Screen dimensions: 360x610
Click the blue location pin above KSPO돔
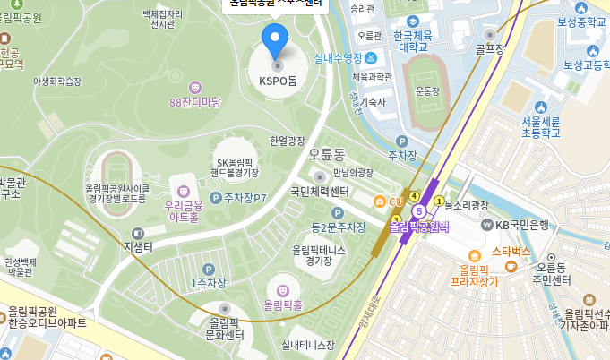[x=277, y=40]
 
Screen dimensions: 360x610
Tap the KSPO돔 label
[x=278, y=81]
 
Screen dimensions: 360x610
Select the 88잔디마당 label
[x=194, y=102]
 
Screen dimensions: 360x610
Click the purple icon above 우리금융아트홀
[x=184, y=191]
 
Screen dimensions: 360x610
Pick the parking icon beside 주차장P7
[x=215, y=197]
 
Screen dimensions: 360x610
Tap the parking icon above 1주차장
[x=209, y=269]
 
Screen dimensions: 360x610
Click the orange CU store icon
[x=381, y=201]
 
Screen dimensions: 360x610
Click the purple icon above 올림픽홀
[x=283, y=289]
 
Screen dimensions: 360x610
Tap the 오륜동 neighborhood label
[x=327, y=155]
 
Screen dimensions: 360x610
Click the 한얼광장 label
[x=288, y=141]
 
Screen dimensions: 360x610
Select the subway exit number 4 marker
[x=414, y=195]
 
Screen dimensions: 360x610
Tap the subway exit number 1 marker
[x=438, y=201]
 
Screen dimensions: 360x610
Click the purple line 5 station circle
[x=418, y=210]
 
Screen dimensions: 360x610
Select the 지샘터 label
[x=139, y=246]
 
